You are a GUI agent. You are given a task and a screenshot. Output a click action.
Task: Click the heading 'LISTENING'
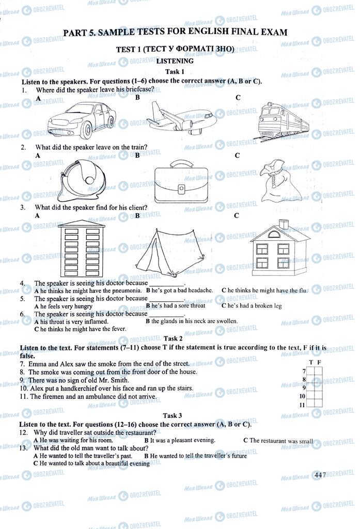[175, 61]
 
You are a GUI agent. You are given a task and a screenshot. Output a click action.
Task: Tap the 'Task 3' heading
[173, 415]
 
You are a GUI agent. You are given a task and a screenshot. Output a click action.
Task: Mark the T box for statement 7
[311, 371]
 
